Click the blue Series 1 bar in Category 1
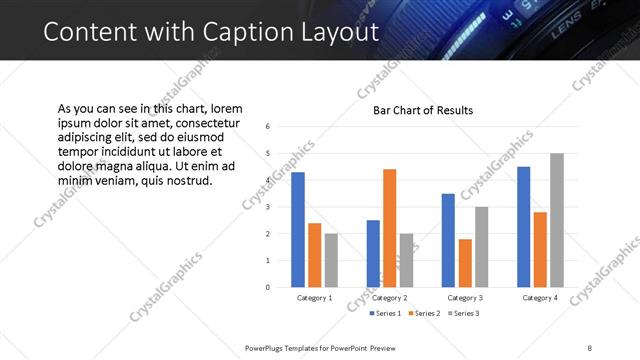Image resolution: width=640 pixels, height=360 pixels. tap(298, 230)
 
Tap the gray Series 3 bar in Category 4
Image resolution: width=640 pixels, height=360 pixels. tap(557, 220)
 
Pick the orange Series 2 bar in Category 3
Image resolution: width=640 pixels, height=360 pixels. tap(465, 263)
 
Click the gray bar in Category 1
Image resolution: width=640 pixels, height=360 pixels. tap(331, 260)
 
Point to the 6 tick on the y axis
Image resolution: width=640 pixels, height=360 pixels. tap(268, 127)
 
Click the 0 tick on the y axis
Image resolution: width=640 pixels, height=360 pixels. tap(268, 287)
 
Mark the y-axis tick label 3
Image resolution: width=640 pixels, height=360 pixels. tap(268, 207)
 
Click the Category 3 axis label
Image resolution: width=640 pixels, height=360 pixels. tap(465, 298)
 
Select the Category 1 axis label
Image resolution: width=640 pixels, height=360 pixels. tap(315, 298)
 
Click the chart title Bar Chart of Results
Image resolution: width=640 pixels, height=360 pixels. tap(423, 110)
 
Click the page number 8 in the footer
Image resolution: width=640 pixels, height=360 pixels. tap(590, 347)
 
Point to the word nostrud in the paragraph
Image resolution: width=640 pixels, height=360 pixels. tap(187, 181)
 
